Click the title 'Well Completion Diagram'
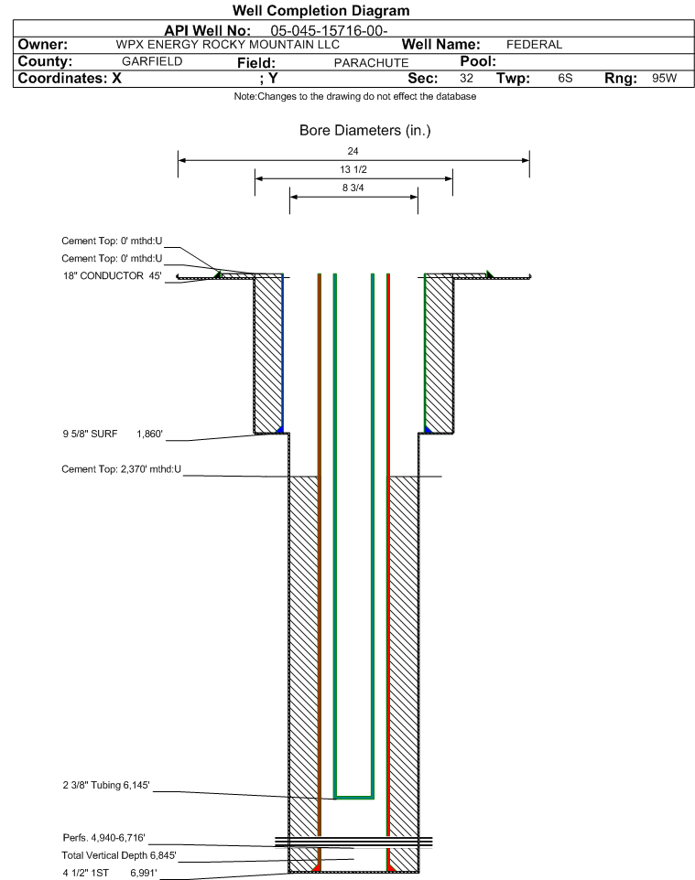pyautogui.click(x=320, y=11)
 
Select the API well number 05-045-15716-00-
pyautogui.click(x=330, y=31)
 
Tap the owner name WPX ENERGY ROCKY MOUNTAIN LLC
pyautogui.click(x=228, y=45)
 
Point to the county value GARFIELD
pyautogui.click(x=152, y=61)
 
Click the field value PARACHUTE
pyautogui.click(x=372, y=63)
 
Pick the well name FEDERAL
pyautogui.click(x=535, y=45)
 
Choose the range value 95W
pyautogui.click(x=665, y=78)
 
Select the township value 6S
pyautogui.click(x=565, y=78)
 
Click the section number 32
pyautogui.click(x=466, y=78)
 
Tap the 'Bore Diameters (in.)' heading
pyautogui.click(x=365, y=131)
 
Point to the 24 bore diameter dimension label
pyautogui.click(x=353, y=151)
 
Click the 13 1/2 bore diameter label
pyautogui.click(x=353, y=169)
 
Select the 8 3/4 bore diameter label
pyautogui.click(x=353, y=188)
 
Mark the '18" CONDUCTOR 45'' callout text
pyautogui.click(x=113, y=276)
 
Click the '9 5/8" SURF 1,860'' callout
pyautogui.click(x=113, y=434)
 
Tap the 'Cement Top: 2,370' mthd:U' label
pyautogui.click(x=122, y=469)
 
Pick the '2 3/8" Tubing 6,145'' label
pyautogui.click(x=106, y=785)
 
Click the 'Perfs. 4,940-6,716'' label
pyautogui.click(x=104, y=838)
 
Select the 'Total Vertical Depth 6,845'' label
pyautogui.click(x=119, y=855)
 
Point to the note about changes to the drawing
pyautogui.click(x=355, y=97)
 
